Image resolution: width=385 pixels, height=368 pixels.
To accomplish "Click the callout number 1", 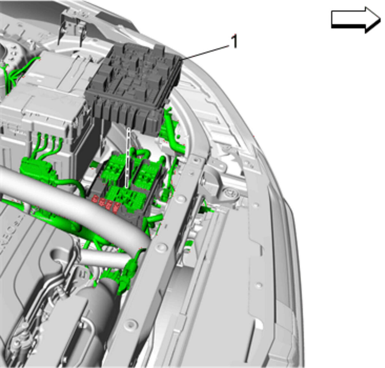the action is click(234, 41).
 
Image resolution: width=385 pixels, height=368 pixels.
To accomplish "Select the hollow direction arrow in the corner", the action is click(356, 20).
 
